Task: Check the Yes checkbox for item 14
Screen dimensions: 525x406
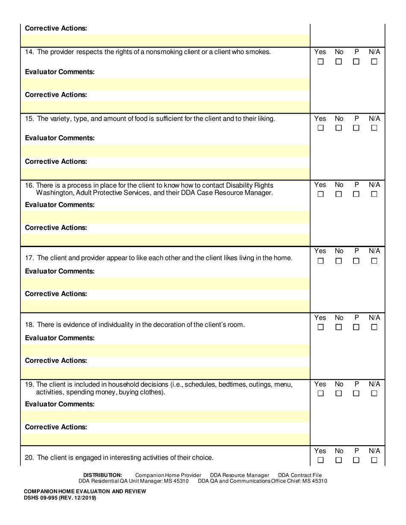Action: pyautogui.click(x=321, y=61)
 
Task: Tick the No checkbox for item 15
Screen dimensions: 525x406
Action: pyautogui.click(x=338, y=128)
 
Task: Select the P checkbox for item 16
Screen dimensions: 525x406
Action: pyautogui.click(x=356, y=194)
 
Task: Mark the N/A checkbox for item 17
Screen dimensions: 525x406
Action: pyautogui.click(x=374, y=261)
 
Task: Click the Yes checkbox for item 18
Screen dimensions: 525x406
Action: pyautogui.click(x=321, y=327)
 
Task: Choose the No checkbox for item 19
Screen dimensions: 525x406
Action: pyautogui.click(x=338, y=394)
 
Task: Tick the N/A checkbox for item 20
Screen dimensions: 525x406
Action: pyautogui.click(x=374, y=460)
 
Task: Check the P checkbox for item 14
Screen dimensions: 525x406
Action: pyautogui.click(x=356, y=61)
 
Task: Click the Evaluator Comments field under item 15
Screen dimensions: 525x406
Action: pyautogui.click(x=167, y=150)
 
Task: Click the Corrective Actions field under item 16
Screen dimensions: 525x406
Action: pyautogui.click(x=167, y=239)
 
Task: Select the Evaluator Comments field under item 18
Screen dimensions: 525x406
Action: pyautogui.click(x=167, y=350)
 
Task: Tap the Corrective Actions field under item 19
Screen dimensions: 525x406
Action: pyautogui.click(x=167, y=439)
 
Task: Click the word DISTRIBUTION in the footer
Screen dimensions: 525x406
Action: pyautogui.click(x=103, y=475)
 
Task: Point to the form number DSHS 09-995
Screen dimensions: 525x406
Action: pyautogui.click(x=60, y=498)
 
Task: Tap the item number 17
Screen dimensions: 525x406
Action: pyautogui.click(x=29, y=258)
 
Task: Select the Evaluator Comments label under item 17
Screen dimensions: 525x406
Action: pyautogui.click(x=60, y=271)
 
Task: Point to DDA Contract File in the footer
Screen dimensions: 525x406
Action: pyautogui.click(x=300, y=475)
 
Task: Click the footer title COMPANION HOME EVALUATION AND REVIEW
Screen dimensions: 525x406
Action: pyautogui.click(x=85, y=491)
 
